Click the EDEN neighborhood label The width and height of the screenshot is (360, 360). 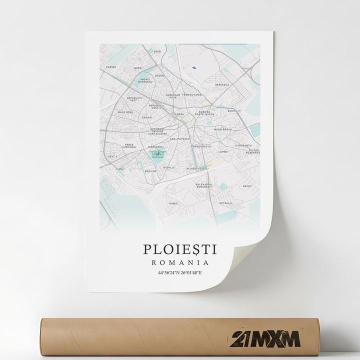157,51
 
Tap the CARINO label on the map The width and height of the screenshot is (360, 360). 111,66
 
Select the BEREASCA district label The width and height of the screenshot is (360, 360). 222,85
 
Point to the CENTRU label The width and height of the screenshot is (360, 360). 178,114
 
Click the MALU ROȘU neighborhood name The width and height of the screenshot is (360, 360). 125,112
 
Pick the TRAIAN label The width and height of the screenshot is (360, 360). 146,117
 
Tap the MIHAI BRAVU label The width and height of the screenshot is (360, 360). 223,129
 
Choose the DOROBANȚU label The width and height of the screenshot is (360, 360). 243,145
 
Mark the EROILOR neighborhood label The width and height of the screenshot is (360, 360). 150,171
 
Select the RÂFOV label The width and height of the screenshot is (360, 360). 247,186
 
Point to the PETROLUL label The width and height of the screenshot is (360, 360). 226,203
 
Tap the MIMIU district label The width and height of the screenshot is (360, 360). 173,203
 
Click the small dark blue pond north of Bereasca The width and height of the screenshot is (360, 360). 194,67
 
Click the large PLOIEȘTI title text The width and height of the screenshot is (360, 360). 180,248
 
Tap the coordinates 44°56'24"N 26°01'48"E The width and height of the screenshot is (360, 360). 180,273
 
